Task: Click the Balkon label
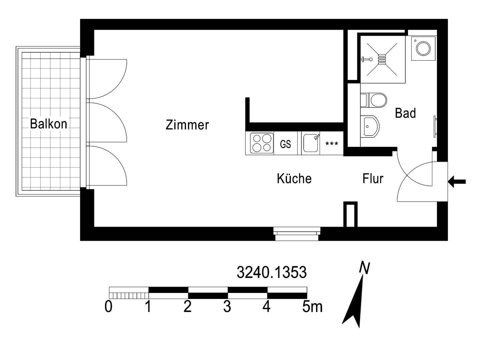[48, 124]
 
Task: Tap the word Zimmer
[187, 125]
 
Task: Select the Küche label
[294, 179]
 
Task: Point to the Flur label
[373, 179]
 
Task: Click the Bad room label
[405, 113]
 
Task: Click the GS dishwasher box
[285, 144]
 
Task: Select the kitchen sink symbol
[311, 143]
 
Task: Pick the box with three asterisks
[332, 144]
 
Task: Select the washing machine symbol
[423, 49]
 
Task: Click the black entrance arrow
[457, 182]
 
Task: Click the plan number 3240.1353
[271, 273]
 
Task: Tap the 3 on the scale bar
[227, 307]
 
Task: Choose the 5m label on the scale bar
[312, 307]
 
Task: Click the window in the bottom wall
[296, 233]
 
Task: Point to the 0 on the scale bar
[108, 307]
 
